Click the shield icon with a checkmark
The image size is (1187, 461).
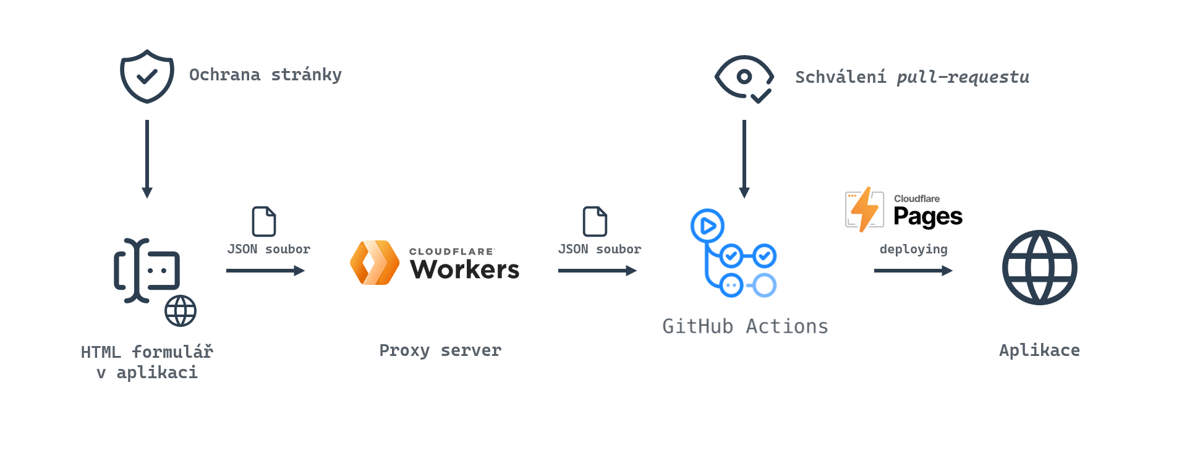(x=147, y=76)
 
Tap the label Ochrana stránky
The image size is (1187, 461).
(x=265, y=75)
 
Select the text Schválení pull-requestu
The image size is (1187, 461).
(x=912, y=77)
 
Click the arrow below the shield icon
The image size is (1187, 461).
(x=147, y=159)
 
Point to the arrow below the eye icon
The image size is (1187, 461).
(x=744, y=159)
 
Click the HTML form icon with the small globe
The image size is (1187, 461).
(x=151, y=278)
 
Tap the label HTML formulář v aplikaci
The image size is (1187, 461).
(x=147, y=362)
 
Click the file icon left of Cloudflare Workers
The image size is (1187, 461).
(x=264, y=221)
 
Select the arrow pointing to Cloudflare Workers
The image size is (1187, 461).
(x=265, y=271)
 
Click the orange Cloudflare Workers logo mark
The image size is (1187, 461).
(x=375, y=263)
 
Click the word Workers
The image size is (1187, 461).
(x=464, y=269)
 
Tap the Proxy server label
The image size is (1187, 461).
(x=440, y=350)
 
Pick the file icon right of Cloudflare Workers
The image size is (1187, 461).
(x=595, y=221)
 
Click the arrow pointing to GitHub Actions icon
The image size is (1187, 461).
(x=597, y=271)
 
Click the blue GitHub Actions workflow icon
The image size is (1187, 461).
(x=733, y=253)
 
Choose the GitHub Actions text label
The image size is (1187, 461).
(x=745, y=326)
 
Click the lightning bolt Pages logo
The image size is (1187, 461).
(x=864, y=209)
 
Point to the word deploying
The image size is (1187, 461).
(x=913, y=249)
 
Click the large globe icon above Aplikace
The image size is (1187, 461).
(x=1039, y=268)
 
